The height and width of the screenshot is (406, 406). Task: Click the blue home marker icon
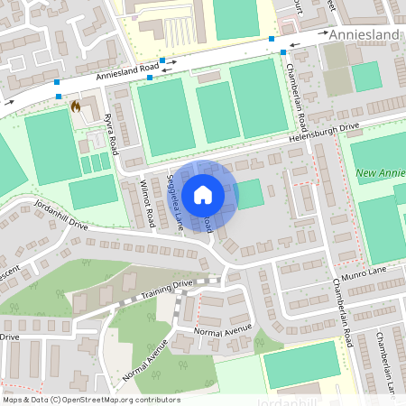tap(203, 195)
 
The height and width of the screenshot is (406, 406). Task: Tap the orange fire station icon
tap(75, 106)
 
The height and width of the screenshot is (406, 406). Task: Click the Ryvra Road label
tap(111, 134)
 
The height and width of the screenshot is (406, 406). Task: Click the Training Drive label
tap(171, 285)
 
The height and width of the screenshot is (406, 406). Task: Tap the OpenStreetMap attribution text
tap(91, 399)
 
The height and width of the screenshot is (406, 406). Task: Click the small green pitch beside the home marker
tap(250, 193)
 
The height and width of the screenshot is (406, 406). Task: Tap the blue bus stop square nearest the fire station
tap(58, 95)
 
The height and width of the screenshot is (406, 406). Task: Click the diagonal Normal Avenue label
tap(146, 359)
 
